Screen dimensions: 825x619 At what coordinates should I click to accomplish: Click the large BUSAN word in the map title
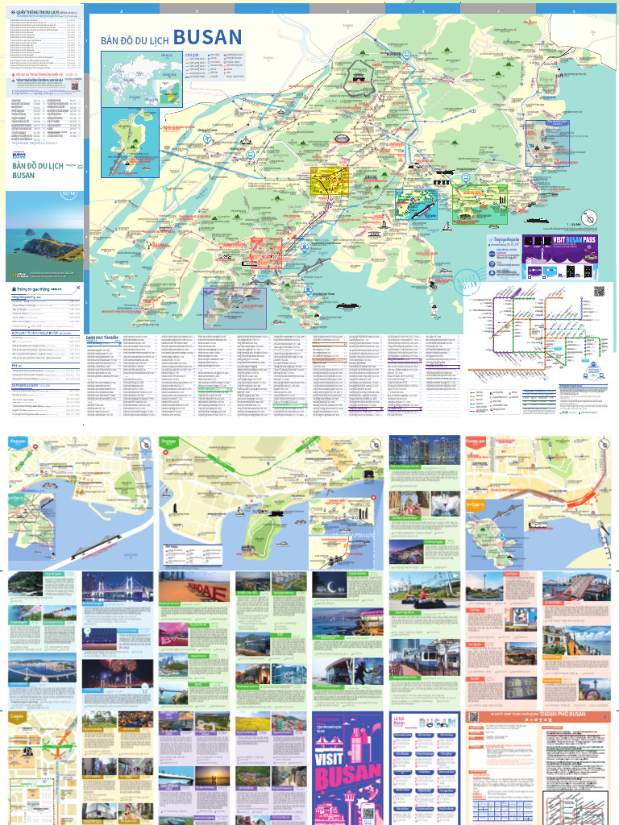click(x=207, y=37)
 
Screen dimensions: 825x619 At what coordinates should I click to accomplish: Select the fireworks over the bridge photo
click(x=106, y=675)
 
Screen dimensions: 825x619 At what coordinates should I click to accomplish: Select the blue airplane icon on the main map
click(x=208, y=138)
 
